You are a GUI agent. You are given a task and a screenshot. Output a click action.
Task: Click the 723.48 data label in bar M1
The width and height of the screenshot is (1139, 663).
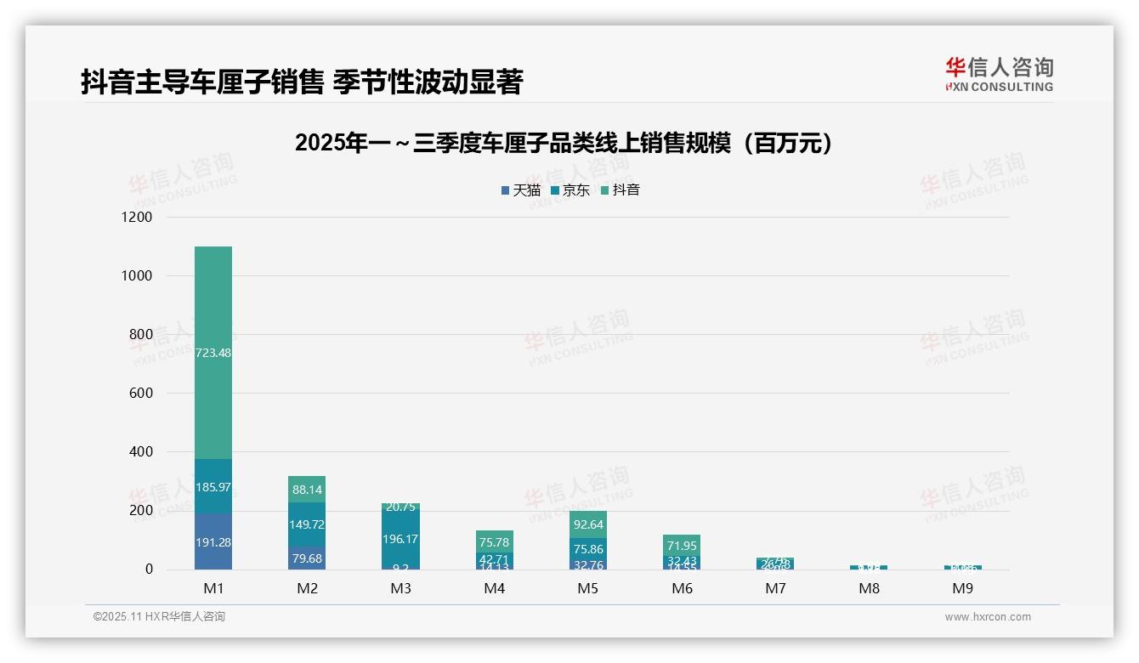click(213, 353)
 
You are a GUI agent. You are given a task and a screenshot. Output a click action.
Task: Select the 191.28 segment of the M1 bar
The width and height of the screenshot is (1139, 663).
click(213, 542)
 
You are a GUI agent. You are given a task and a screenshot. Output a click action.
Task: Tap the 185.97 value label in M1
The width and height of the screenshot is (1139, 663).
click(213, 487)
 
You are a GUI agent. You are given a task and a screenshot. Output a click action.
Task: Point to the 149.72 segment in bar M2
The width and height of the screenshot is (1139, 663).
click(307, 524)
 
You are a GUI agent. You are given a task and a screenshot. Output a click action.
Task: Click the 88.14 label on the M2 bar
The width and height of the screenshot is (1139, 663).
click(307, 490)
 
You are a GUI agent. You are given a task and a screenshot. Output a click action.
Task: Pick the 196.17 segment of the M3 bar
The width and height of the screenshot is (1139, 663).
click(400, 539)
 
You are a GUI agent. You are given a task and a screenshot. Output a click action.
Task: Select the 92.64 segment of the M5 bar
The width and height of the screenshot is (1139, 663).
click(588, 524)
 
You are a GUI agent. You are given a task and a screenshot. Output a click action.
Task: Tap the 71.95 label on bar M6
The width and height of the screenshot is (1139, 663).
click(682, 546)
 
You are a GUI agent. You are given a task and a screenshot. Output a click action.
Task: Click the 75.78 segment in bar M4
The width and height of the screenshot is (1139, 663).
click(495, 542)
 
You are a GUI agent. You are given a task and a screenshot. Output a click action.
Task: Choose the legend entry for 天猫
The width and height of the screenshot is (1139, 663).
click(521, 190)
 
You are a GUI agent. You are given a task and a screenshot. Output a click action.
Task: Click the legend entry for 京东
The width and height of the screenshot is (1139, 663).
click(570, 190)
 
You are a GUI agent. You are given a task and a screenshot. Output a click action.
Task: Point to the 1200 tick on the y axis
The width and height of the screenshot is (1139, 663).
click(136, 218)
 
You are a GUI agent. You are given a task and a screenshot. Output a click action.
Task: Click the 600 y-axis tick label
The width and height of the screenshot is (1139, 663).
click(140, 394)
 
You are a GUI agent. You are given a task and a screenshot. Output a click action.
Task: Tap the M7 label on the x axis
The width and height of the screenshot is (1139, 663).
click(775, 588)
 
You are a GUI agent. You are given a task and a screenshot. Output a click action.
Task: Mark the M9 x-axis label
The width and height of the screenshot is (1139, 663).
click(962, 588)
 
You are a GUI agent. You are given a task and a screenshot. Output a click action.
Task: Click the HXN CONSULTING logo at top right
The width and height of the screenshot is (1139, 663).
click(999, 75)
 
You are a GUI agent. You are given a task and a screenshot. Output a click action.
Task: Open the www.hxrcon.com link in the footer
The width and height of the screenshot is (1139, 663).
click(988, 617)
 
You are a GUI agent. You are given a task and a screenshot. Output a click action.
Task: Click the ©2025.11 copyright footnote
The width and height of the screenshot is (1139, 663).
click(159, 617)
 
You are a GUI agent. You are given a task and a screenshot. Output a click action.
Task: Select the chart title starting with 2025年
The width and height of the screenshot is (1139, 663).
click(563, 144)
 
